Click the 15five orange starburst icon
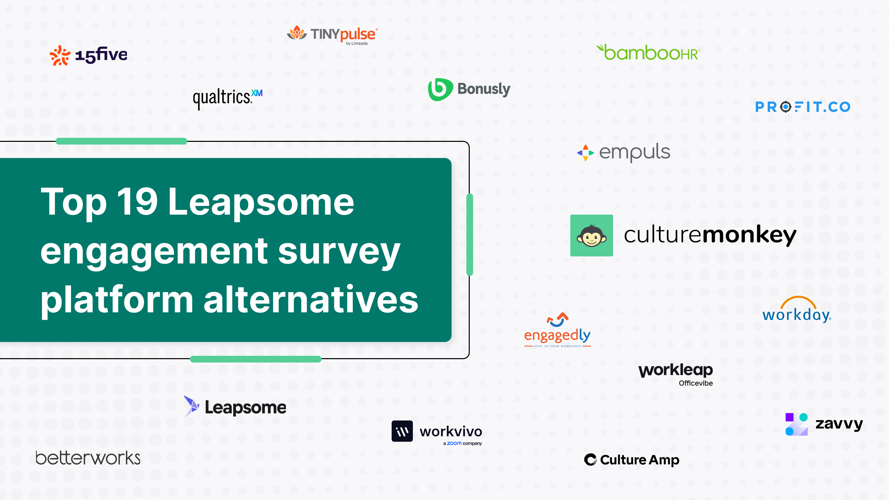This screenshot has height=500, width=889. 60,55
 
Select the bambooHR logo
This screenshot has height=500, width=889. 648,53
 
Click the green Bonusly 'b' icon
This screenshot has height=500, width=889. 440,89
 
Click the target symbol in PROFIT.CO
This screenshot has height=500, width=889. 786,107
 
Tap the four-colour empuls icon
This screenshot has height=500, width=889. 585,153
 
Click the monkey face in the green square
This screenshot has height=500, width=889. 592,236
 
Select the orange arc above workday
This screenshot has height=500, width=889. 798,302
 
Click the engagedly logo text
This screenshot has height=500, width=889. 557,335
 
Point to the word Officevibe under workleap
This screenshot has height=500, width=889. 695,383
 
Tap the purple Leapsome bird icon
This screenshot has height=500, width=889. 192,406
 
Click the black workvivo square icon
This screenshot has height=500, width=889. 402,431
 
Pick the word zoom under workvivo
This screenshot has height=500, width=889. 454,443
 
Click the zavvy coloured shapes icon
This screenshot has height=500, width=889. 796,424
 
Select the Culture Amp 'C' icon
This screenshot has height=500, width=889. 590,460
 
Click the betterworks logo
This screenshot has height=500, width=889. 88,458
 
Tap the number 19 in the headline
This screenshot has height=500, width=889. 137,202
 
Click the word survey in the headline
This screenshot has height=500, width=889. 339,252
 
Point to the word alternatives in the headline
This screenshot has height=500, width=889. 310,300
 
